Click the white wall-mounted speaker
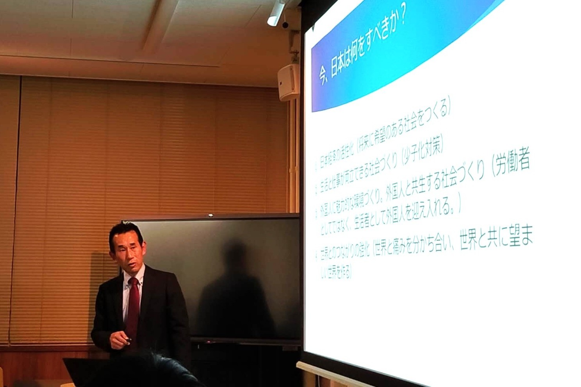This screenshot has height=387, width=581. point(288,82)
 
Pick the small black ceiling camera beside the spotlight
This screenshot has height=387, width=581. point(285,24)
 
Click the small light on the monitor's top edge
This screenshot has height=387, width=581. point(211,215)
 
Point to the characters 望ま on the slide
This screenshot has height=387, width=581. point(520,236)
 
